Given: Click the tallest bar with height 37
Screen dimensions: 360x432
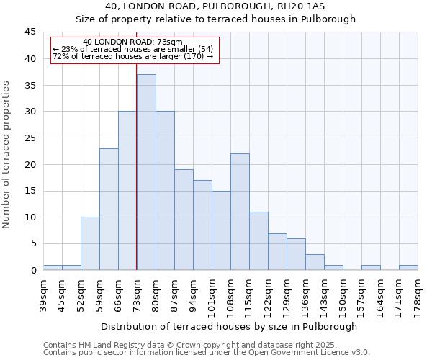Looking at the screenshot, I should pos(146,172).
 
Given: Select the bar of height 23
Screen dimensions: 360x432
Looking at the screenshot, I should pos(109,209).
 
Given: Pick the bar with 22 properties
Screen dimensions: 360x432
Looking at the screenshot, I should pos(240,212).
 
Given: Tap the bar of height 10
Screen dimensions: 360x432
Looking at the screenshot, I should pos(90,243).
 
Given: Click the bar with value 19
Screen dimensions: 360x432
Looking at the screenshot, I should pos(184,220).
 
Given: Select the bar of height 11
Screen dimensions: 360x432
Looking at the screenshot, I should pos(258,240).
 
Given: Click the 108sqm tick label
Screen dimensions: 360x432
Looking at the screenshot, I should pos(230,293).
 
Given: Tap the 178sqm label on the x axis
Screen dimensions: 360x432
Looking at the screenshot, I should pos(418,293).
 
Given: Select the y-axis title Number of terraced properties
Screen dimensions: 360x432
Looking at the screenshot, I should pos(7,155).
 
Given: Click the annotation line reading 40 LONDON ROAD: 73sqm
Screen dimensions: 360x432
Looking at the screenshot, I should pos(133,42).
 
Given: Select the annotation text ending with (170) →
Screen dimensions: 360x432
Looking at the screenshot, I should pos(133,56).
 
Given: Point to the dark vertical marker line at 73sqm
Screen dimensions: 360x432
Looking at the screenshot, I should pos(137,180).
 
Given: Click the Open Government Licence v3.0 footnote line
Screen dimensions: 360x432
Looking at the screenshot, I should pos(207,353).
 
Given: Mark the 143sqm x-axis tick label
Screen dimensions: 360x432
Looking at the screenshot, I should pos(324,293).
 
